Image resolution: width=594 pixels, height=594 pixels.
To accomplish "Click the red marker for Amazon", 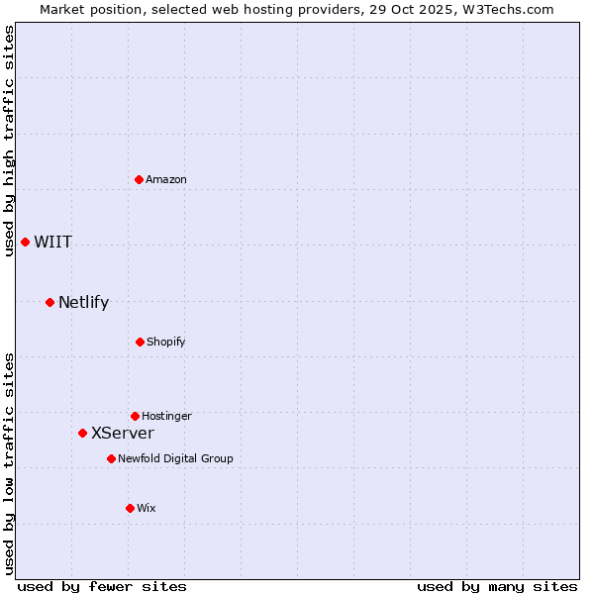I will click(x=139, y=179).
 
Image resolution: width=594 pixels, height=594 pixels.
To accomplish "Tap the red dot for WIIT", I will click(x=25, y=242).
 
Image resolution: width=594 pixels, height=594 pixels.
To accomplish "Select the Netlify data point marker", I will click(x=49, y=302).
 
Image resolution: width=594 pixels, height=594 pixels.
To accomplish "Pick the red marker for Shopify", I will click(x=140, y=342).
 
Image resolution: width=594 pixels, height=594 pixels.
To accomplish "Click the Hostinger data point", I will click(x=135, y=416).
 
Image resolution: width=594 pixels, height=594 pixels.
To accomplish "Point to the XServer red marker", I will click(x=82, y=433).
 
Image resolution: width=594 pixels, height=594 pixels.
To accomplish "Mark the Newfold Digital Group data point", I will click(x=111, y=458).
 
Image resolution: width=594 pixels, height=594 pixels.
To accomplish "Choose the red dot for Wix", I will click(x=130, y=508).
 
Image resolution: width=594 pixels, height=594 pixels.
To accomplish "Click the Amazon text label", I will click(x=166, y=179).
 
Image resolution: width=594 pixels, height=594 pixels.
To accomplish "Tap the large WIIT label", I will click(x=53, y=243).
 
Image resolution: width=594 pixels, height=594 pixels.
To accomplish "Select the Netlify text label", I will click(x=84, y=303).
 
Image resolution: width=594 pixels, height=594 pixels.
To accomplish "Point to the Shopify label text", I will click(x=166, y=342).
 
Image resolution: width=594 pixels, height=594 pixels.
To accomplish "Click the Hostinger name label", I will click(x=166, y=416).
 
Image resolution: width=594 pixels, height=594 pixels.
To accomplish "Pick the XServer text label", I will click(x=123, y=434).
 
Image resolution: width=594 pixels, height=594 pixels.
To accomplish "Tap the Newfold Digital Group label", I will click(x=175, y=458).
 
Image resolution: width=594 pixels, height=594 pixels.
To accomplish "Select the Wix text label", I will click(x=147, y=508).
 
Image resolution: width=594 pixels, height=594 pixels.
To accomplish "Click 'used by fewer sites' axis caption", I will click(x=102, y=586).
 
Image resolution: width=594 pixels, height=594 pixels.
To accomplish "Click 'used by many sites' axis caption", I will click(x=497, y=586).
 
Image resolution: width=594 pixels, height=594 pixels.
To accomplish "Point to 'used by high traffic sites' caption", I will click(x=9, y=141).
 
